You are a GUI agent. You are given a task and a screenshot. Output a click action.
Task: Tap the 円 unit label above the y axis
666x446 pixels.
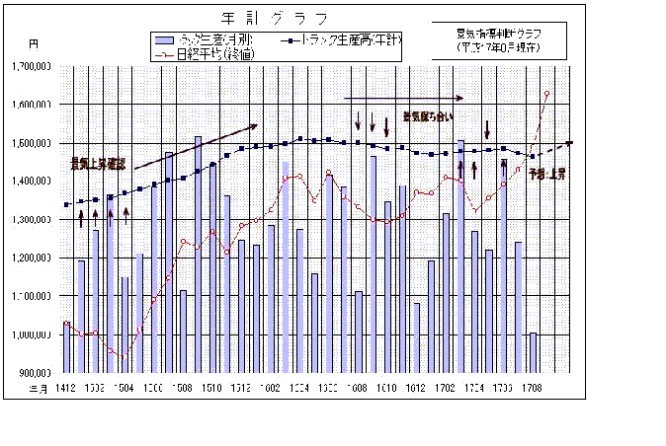pyautogui.click(x=34, y=44)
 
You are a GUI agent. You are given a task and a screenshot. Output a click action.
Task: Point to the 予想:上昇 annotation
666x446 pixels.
pyautogui.click(x=546, y=174)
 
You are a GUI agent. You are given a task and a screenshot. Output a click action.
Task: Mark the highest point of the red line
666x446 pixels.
pyautogui.click(x=546, y=94)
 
